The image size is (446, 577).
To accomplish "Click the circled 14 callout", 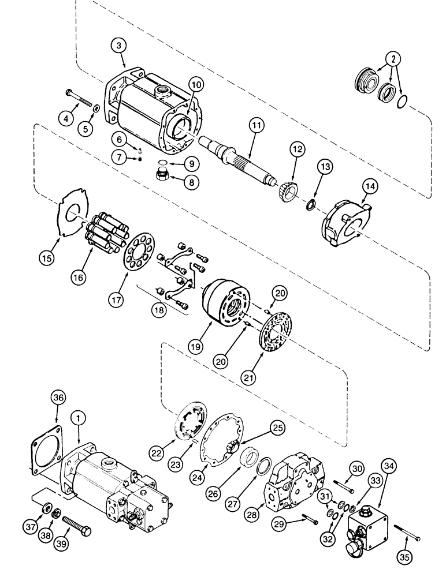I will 369,187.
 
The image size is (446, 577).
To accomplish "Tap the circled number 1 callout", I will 75,417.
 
